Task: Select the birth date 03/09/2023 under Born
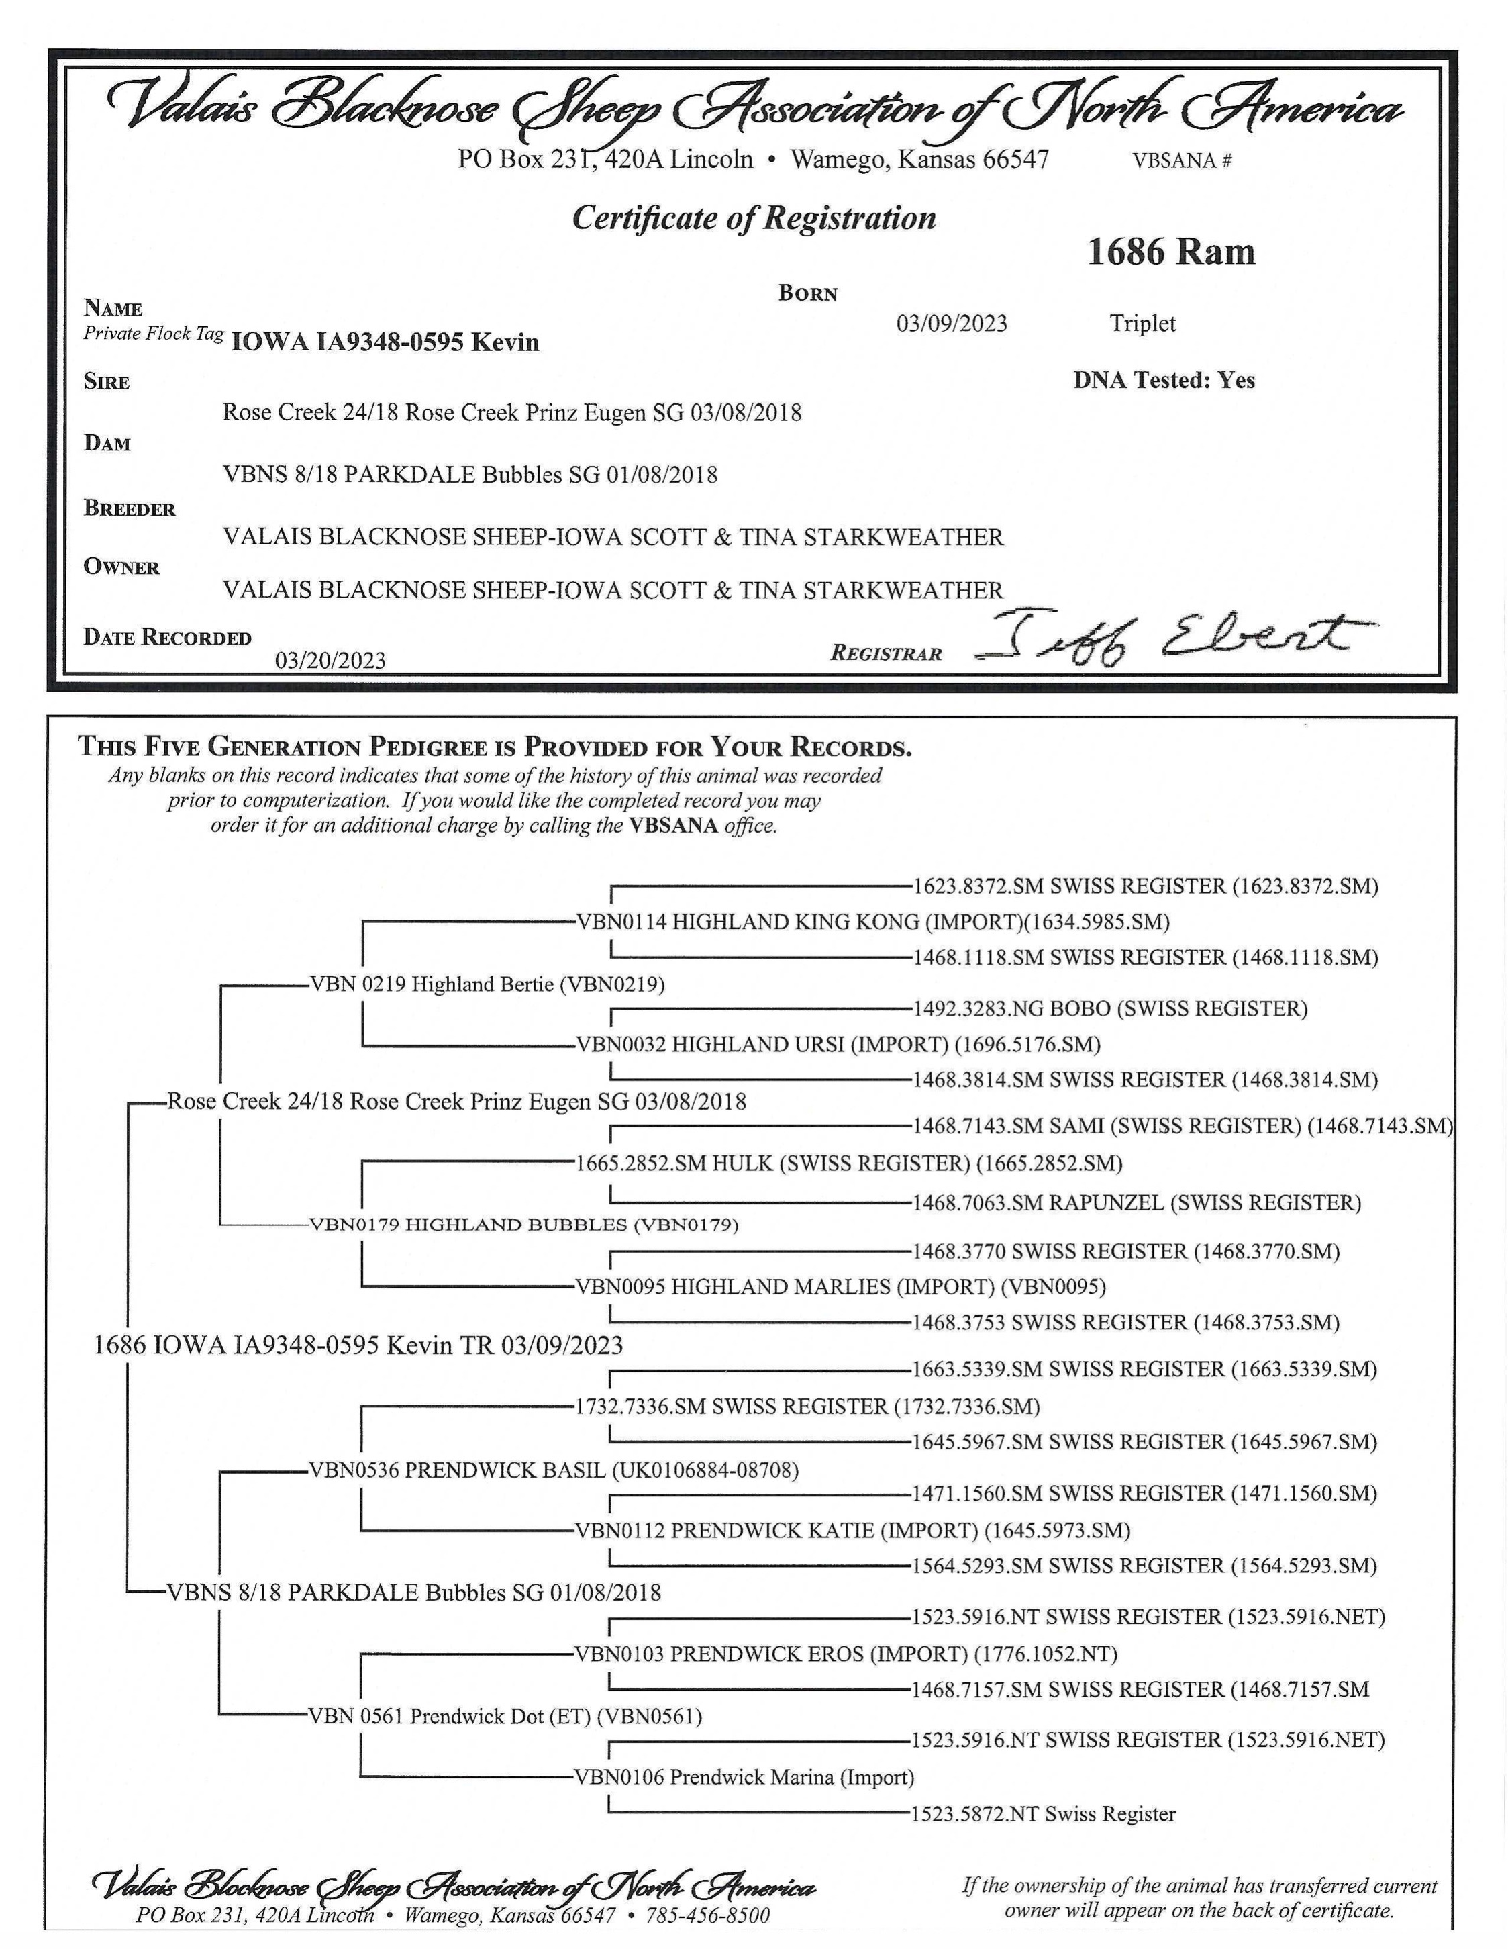pos(951,323)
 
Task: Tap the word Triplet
pos(1142,323)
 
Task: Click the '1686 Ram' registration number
pos(1170,252)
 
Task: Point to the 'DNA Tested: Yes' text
pos(1164,380)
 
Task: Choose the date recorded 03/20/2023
pos(330,661)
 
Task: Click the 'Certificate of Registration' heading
pos(754,218)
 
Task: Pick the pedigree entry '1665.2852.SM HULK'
pos(848,1163)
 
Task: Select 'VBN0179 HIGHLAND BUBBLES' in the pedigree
pos(523,1225)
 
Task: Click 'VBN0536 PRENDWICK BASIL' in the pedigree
pos(553,1470)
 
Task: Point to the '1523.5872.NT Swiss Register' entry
pos(1043,1813)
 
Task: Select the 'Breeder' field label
pos(130,509)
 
